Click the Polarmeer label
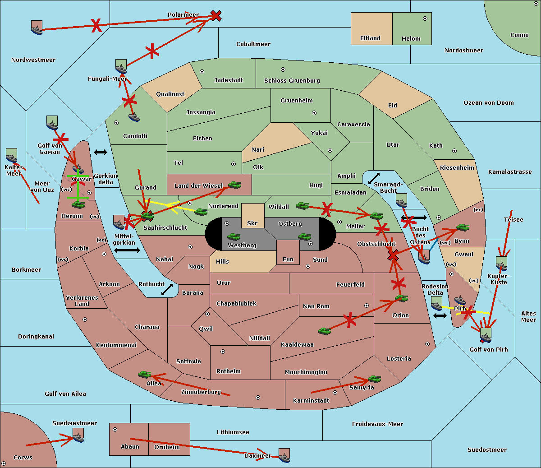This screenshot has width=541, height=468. coord(183,15)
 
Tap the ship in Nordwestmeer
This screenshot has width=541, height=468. coord(37,28)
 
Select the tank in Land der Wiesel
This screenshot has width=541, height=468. coord(234,185)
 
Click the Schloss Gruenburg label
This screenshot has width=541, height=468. coord(292,80)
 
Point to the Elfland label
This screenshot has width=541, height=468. coord(370,38)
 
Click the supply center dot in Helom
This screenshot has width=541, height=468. coord(425,19)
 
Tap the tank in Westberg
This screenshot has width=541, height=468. coord(234,237)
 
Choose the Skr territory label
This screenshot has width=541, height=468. coord(252,223)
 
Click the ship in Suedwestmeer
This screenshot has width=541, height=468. coord(78,435)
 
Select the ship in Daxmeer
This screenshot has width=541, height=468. coord(284,456)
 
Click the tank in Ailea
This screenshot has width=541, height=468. coord(144,375)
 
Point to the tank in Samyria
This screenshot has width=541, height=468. coord(374,379)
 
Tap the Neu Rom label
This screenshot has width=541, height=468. coord(316,306)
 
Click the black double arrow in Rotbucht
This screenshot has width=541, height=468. coord(167,289)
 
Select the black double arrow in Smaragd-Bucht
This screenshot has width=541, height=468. coord(374,178)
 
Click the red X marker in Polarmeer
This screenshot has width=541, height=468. coord(216,16)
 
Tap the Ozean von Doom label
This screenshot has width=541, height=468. coord(488,103)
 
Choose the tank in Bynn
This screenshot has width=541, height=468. coord(463,227)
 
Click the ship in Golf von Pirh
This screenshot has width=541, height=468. coord(486,335)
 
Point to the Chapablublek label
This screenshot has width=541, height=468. coord(236,303)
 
